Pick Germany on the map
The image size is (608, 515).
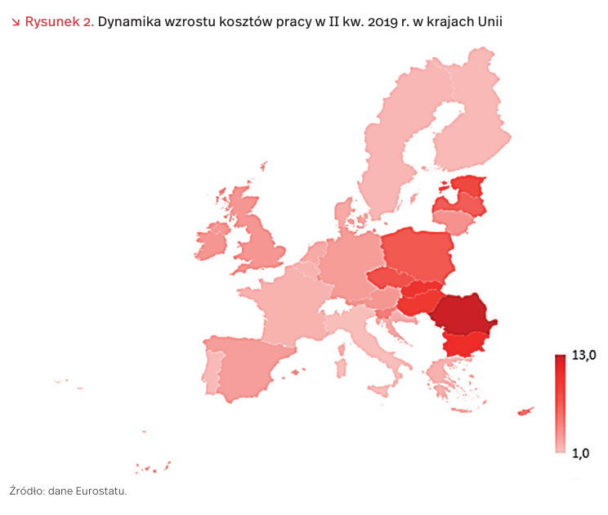tap(347, 266)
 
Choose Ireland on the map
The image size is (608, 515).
tap(212, 244)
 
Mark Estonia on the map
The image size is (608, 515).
tap(467, 186)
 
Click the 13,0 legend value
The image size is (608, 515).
tap(585, 355)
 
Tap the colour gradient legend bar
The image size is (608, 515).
tap(560, 404)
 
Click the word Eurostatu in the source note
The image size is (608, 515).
tap(101, 491)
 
